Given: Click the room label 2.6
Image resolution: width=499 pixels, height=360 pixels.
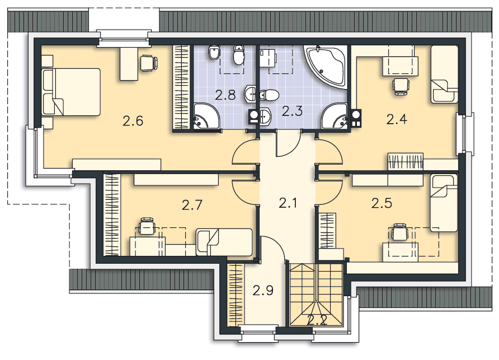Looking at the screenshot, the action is tap(133, 121).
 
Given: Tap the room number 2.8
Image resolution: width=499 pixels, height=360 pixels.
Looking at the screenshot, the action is tap(225, 95).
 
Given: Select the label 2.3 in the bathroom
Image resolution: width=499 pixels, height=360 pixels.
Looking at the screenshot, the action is tap(292, 111).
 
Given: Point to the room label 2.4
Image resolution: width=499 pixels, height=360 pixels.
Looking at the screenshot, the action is tap(397, 119).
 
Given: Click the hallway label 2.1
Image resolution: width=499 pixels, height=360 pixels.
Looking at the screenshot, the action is tap(288, 203).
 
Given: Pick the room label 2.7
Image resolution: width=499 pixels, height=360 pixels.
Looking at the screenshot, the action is tap(192, 205).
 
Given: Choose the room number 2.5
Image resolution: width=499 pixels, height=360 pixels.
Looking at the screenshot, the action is tap(382, 203).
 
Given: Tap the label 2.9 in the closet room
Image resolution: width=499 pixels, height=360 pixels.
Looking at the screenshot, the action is tap(263, 290).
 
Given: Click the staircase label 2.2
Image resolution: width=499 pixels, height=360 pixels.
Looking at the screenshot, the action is tap(317, 320).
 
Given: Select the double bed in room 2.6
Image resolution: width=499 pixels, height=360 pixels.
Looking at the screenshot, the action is tap(71, 92).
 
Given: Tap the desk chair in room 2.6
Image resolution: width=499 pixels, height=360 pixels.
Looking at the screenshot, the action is tap(149, 63).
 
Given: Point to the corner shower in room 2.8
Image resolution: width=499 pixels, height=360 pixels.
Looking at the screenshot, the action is tap(206, 116).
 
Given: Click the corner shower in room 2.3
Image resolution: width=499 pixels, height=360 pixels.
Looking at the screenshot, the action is tap(335, 116).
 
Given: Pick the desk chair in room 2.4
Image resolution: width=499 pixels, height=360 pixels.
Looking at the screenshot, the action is tap(401, 86).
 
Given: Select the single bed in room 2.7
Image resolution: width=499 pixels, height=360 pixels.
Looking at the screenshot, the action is tap(224, 242).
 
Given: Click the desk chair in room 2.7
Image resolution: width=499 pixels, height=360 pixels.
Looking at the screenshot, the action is tap(147, 226).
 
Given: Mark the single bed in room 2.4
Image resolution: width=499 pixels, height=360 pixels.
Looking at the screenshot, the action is tap(444, 74).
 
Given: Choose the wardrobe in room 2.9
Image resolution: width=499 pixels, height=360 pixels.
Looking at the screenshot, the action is tap(236, 294).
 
